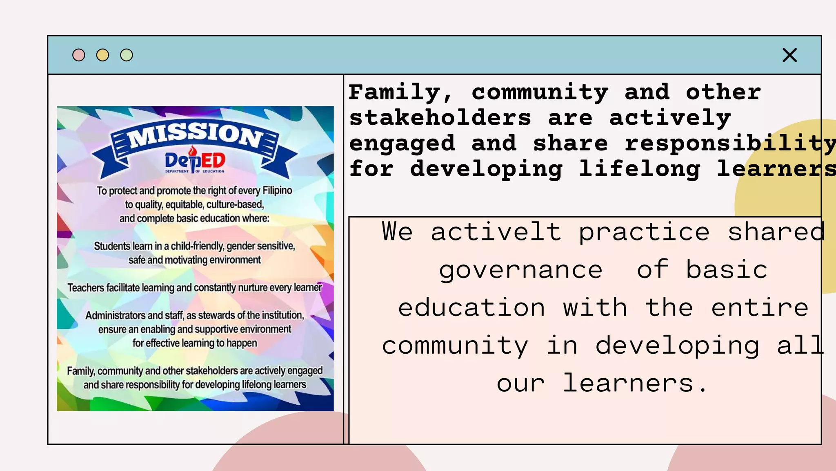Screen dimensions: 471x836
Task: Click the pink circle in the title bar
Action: pos(79,55)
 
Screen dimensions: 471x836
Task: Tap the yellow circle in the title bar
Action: pos(102,55)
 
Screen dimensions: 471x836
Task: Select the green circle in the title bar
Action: pos(127,55)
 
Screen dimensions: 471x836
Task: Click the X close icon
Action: pos(789,55)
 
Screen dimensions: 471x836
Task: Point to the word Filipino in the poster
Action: pos(277,191)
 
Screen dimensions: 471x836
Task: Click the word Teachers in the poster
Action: pos(86,288)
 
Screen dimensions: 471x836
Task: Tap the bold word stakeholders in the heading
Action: pos(440,118)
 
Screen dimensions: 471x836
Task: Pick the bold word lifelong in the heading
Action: pos(640,169)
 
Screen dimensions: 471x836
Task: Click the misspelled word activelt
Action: pos(496,232)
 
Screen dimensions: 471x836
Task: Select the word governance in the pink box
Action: pos(520,271)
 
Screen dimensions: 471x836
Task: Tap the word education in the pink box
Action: pos(471,308)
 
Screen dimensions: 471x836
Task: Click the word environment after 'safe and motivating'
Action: pos(235,260)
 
